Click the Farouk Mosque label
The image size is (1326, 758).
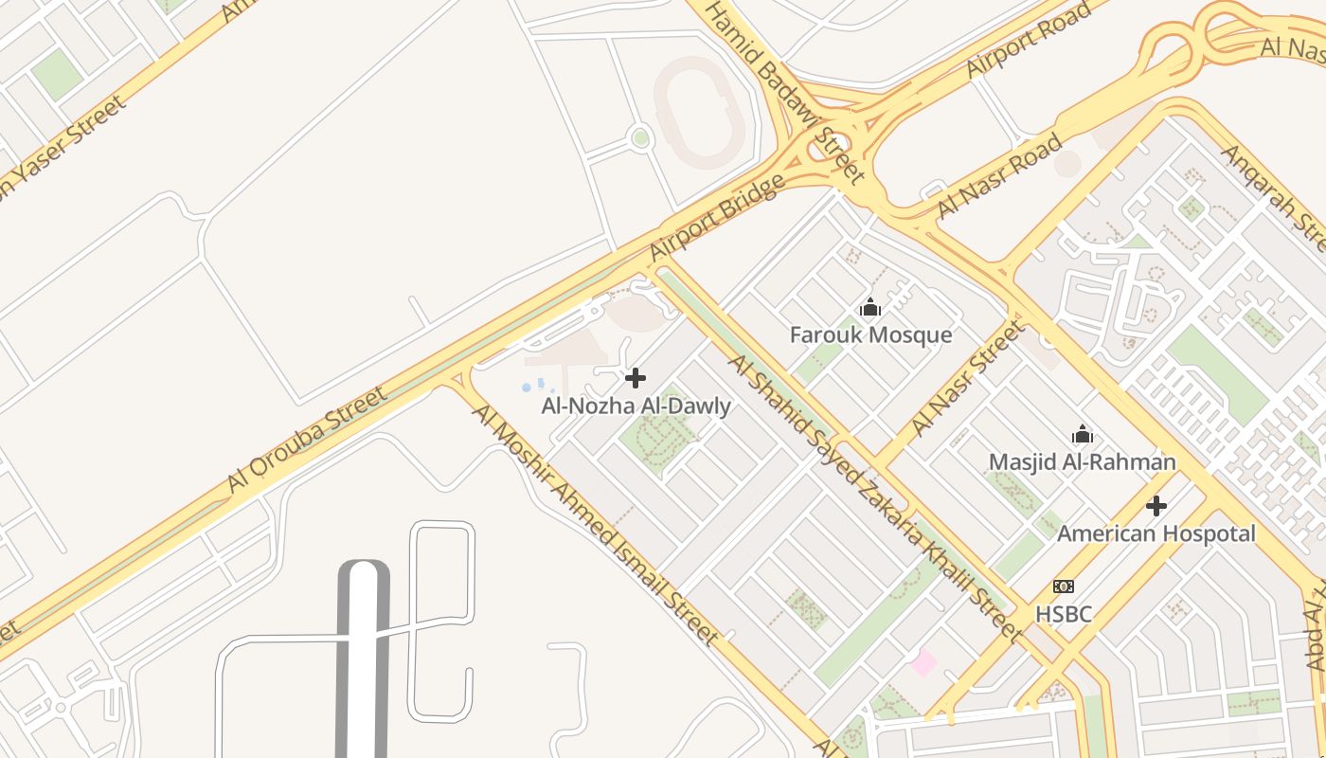click(870, 335)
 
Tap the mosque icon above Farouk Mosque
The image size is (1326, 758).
click(870, 308)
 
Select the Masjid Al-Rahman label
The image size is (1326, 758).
click(1082, 462)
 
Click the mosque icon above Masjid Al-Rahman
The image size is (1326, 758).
click(1083, 435)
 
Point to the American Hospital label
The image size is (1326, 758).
click(1156, 533)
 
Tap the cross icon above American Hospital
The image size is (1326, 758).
click(1156, 506)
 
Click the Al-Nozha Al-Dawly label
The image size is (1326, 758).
click(636, 406)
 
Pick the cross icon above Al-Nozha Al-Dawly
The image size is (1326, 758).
click(636, 379)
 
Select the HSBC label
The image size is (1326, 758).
click(1063, 615)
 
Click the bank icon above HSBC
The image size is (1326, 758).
click(1064, 587)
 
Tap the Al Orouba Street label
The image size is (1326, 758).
click(307, 440)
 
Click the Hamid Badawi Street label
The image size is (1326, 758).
click(785, 91)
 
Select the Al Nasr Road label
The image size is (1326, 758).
click(998, 177)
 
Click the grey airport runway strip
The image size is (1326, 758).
click(364, 663)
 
